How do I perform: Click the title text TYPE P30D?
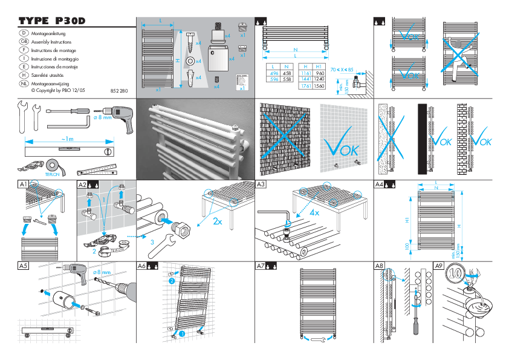point(52,21)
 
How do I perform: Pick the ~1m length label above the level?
point(68,139)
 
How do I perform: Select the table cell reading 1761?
point(306,87)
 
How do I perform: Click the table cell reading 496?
point(273,73)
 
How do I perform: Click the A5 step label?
point(23,266)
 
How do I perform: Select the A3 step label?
point(261,184)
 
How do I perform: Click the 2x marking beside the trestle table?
point(218,221)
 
